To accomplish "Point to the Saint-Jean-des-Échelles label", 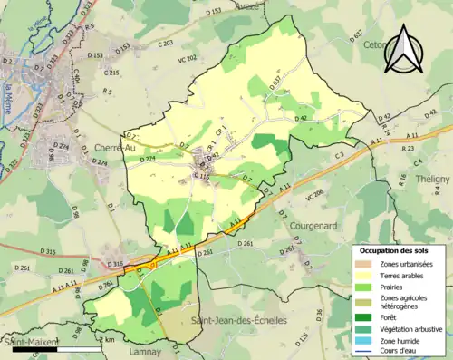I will coord(241,322).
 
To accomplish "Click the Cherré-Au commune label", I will coord(113,148).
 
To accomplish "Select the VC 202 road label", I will coord(188,59).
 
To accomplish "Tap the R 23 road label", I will coord(409,147).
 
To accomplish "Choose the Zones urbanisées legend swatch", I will coord(362,264).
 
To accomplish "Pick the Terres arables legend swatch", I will coord(362,277).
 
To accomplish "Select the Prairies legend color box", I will coord(362,289).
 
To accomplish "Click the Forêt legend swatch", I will coord(362,317).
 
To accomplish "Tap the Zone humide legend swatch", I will coord(362,343).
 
